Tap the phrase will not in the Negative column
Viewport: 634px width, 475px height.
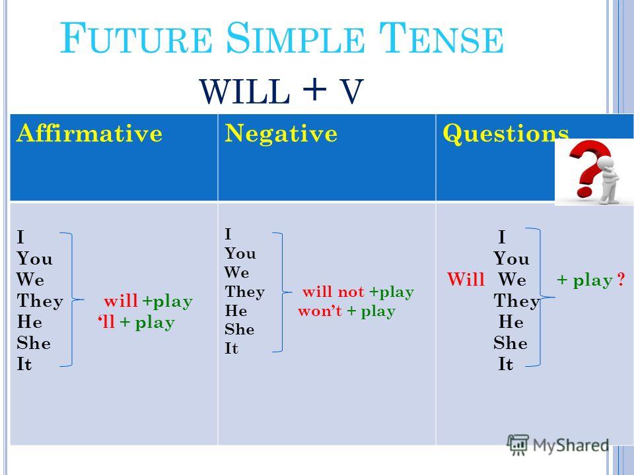334,291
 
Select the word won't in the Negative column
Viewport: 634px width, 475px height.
320,311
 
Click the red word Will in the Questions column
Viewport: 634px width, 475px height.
466,280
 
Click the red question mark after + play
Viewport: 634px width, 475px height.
621,280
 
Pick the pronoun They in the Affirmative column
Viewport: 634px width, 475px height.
40,301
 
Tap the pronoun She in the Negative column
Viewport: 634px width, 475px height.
239,329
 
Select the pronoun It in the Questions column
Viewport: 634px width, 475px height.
506,365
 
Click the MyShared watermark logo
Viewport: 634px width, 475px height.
558,444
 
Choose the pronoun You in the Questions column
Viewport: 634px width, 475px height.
511,259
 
